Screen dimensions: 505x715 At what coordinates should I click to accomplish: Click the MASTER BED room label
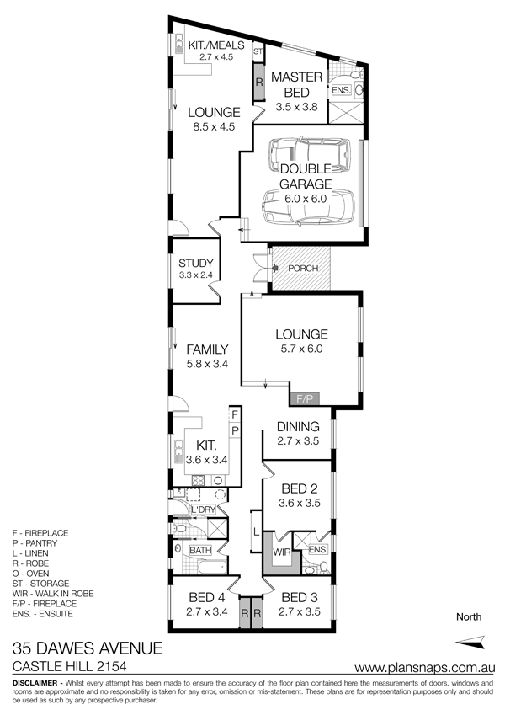point(297,84)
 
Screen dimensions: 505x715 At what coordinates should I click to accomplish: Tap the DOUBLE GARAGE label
point(306,177)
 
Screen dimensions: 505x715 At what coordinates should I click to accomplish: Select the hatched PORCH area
point(301,268)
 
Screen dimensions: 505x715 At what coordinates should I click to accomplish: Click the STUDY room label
point(196,263)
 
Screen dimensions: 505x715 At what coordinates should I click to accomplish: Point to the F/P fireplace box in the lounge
point(305,399)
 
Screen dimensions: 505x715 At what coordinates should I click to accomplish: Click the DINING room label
point(298,427)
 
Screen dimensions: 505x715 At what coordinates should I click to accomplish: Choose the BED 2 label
point(300,488)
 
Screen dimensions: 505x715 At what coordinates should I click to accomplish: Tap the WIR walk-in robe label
point(281,552)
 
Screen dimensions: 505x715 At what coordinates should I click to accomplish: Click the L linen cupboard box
point(256,531)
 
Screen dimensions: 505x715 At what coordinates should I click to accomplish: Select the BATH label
point(200,551)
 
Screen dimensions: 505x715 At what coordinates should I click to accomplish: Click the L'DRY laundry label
point(204,510)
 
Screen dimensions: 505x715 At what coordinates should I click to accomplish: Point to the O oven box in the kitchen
point(218,481)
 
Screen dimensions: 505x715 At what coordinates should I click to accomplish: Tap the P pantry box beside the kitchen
point(235,430)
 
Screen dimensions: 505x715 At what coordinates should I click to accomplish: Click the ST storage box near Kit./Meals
point(258,51)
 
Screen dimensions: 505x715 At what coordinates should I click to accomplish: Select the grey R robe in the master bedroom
point(259,83)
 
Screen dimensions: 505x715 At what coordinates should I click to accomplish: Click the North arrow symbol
point(470,641)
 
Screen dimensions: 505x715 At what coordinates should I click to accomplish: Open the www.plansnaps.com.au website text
point(425,668)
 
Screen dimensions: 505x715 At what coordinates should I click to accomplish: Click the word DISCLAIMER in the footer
point(35,683)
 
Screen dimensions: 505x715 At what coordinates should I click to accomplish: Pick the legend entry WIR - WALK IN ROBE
point(53,594)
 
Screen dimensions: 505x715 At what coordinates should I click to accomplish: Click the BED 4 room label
point(208,597)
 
